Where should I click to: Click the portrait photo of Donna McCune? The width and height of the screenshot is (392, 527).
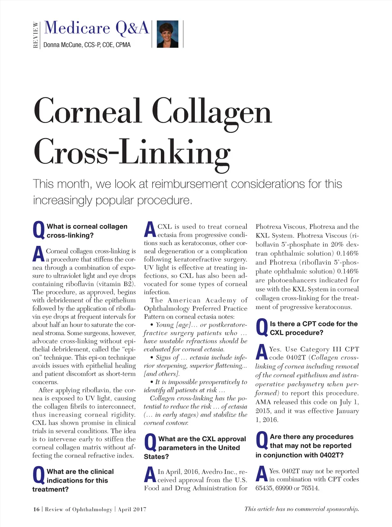(167, 34)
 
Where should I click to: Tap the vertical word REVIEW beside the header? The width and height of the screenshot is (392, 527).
(36, 34)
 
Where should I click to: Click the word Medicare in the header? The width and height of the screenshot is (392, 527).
(77, 28)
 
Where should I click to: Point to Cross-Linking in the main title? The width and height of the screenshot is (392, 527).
(132, 152)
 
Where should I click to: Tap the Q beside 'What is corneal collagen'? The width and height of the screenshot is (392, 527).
(39, 231)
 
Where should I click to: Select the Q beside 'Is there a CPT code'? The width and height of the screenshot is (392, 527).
(262, 328)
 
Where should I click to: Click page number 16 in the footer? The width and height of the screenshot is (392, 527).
(36, 509)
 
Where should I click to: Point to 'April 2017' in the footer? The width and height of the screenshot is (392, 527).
(132, 509)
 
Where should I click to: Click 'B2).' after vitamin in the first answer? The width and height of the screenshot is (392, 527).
(127, 284)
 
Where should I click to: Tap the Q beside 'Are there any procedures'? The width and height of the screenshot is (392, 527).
(262, 441)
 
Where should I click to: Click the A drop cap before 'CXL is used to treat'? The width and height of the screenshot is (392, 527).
(150, 230)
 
